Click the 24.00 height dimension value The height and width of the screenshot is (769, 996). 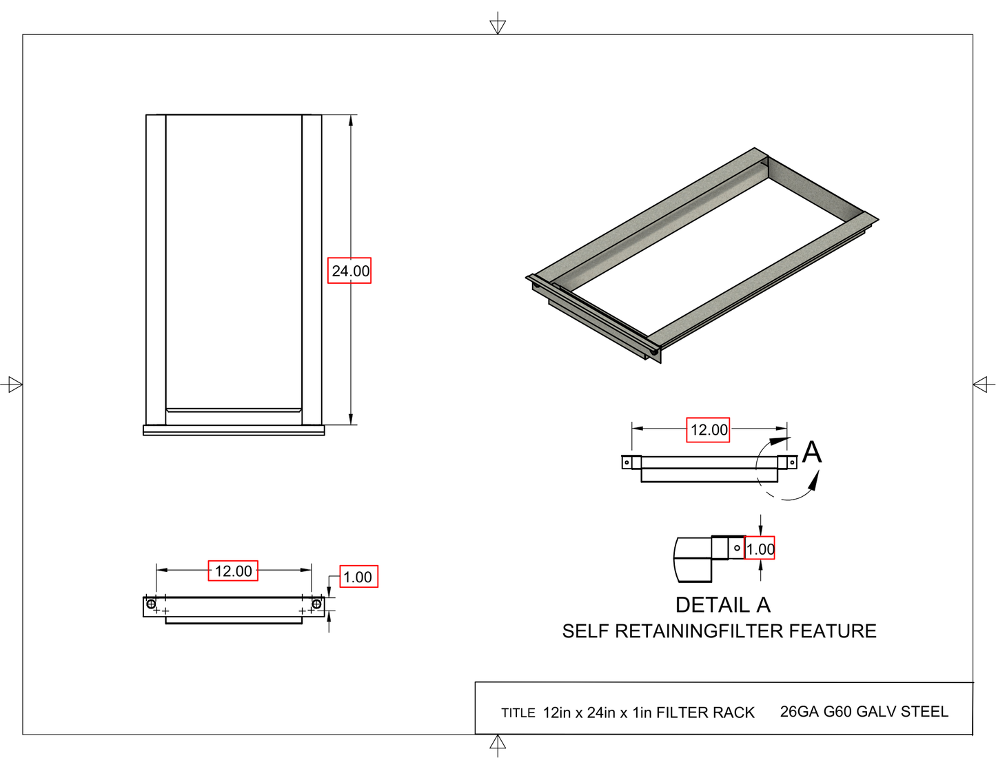pos(349,271)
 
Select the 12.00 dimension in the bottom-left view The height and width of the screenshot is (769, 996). pos(233,571)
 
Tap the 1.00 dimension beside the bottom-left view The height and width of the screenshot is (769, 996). pos(358,577)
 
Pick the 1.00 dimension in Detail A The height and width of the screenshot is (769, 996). pos(760,548)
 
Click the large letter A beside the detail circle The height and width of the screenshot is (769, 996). pos(812,453)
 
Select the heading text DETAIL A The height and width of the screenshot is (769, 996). pos(722,605)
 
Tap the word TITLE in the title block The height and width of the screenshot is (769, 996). pos(518,713)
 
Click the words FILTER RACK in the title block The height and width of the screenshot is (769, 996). pos(705,712)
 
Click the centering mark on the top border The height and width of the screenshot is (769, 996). pos(498,25)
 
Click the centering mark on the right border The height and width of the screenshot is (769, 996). pos(983,384)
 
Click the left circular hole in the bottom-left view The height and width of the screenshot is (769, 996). pos(151,604)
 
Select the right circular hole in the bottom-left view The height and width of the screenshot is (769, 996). pos(316,604)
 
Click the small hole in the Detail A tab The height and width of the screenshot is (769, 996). pos(737,548)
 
